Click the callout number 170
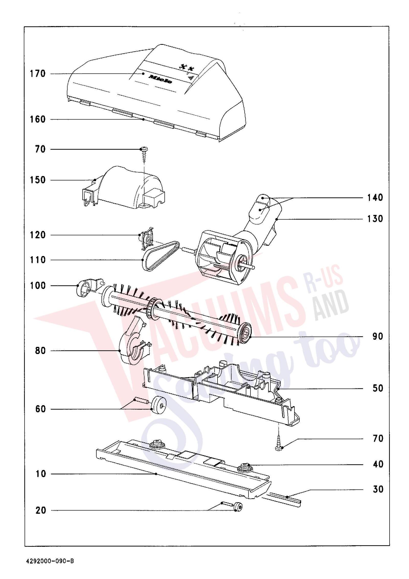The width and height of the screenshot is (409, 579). [38, 74]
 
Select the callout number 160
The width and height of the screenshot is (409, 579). [38, 119]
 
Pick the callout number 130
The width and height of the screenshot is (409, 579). [375, 219]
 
